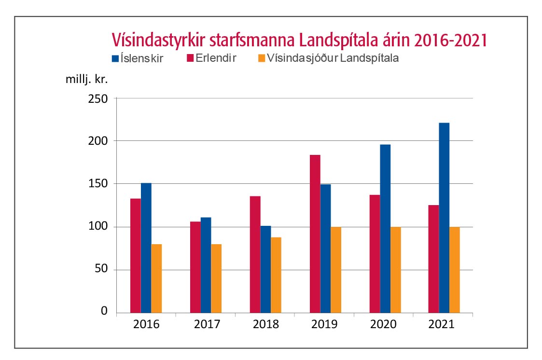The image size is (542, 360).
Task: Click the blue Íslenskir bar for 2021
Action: tap(444, 217)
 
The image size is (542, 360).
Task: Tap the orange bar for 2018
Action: tap(277, 275)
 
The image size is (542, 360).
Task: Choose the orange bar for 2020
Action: tap(396, 270)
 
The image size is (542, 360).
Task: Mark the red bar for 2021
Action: tap(433, 259)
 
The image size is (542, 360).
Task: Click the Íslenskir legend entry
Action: tap(137, 59)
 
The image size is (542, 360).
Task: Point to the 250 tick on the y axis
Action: tap(98, 98)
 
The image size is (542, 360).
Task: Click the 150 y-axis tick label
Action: tap(98, 184)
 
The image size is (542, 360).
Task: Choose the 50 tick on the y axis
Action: tap(101, 270)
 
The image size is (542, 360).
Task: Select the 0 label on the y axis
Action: tap(104, 312)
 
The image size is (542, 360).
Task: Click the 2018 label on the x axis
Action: tap(266, 324)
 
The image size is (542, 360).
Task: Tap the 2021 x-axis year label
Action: tap(442, 324)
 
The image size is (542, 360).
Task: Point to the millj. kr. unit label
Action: tap(86, 79)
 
